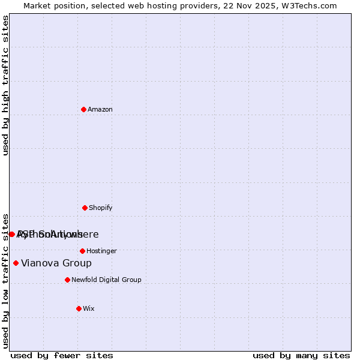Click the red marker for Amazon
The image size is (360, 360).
coord(84,109)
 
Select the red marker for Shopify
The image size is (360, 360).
coord(85,208)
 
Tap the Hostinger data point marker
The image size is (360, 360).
coord(82,251)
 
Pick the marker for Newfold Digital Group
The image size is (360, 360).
coord(67,280)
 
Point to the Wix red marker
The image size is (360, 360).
coord(79,308)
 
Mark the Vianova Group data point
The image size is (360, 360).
coord(16,263)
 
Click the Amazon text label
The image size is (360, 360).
coord(100,109)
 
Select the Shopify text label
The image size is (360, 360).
coord(101,208)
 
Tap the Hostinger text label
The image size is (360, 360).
coord(101,251)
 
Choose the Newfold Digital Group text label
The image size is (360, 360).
coord(106,280)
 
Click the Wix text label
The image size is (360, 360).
coord(89,308)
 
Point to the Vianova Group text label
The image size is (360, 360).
coord(56,263)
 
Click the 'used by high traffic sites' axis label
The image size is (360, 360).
coord(5,85)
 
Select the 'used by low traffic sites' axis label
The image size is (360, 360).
coord(5,280)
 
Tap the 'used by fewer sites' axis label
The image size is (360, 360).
coord(62,355)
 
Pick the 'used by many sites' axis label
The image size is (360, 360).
coord(301,355)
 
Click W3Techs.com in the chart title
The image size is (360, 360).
coord(308,5)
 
